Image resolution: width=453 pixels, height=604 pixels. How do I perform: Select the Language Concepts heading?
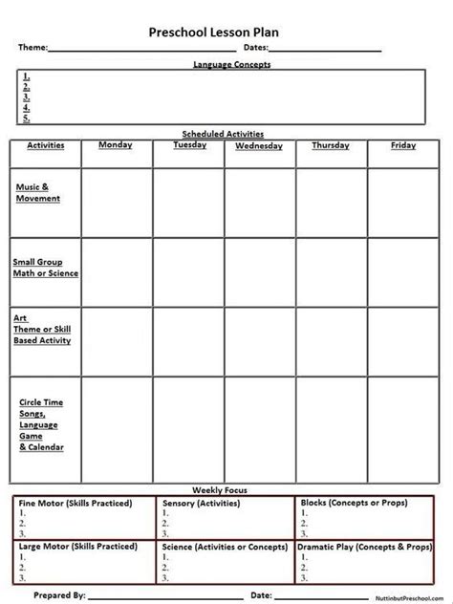pyautogui.click(x=232, y=64)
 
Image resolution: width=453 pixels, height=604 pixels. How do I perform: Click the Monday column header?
pyautogui.click(x=116, y=145)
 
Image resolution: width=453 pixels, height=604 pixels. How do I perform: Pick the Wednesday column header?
pyautogui.click(x=258, y=146)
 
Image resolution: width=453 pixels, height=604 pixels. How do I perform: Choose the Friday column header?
pyautogui.click(x=403, y=145)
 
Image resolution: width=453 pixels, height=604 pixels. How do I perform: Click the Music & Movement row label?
pyautogui.click(x=38, y=192)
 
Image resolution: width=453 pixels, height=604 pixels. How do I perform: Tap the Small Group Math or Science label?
pyautogui.click(x=45, y=267)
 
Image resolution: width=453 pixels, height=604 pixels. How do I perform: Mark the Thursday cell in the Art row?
pyautogui.click(x=331, y=340)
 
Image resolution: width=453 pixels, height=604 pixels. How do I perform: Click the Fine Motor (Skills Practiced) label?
pyautogui.click(x=75, y=502)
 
